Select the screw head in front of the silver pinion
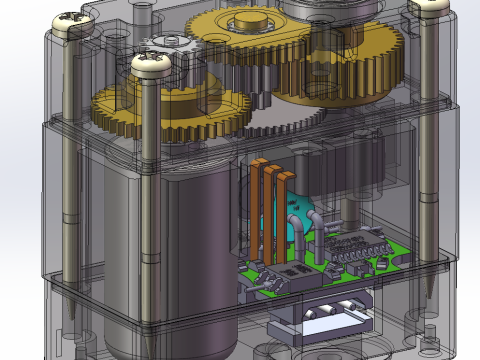click(x=152, y=67)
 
